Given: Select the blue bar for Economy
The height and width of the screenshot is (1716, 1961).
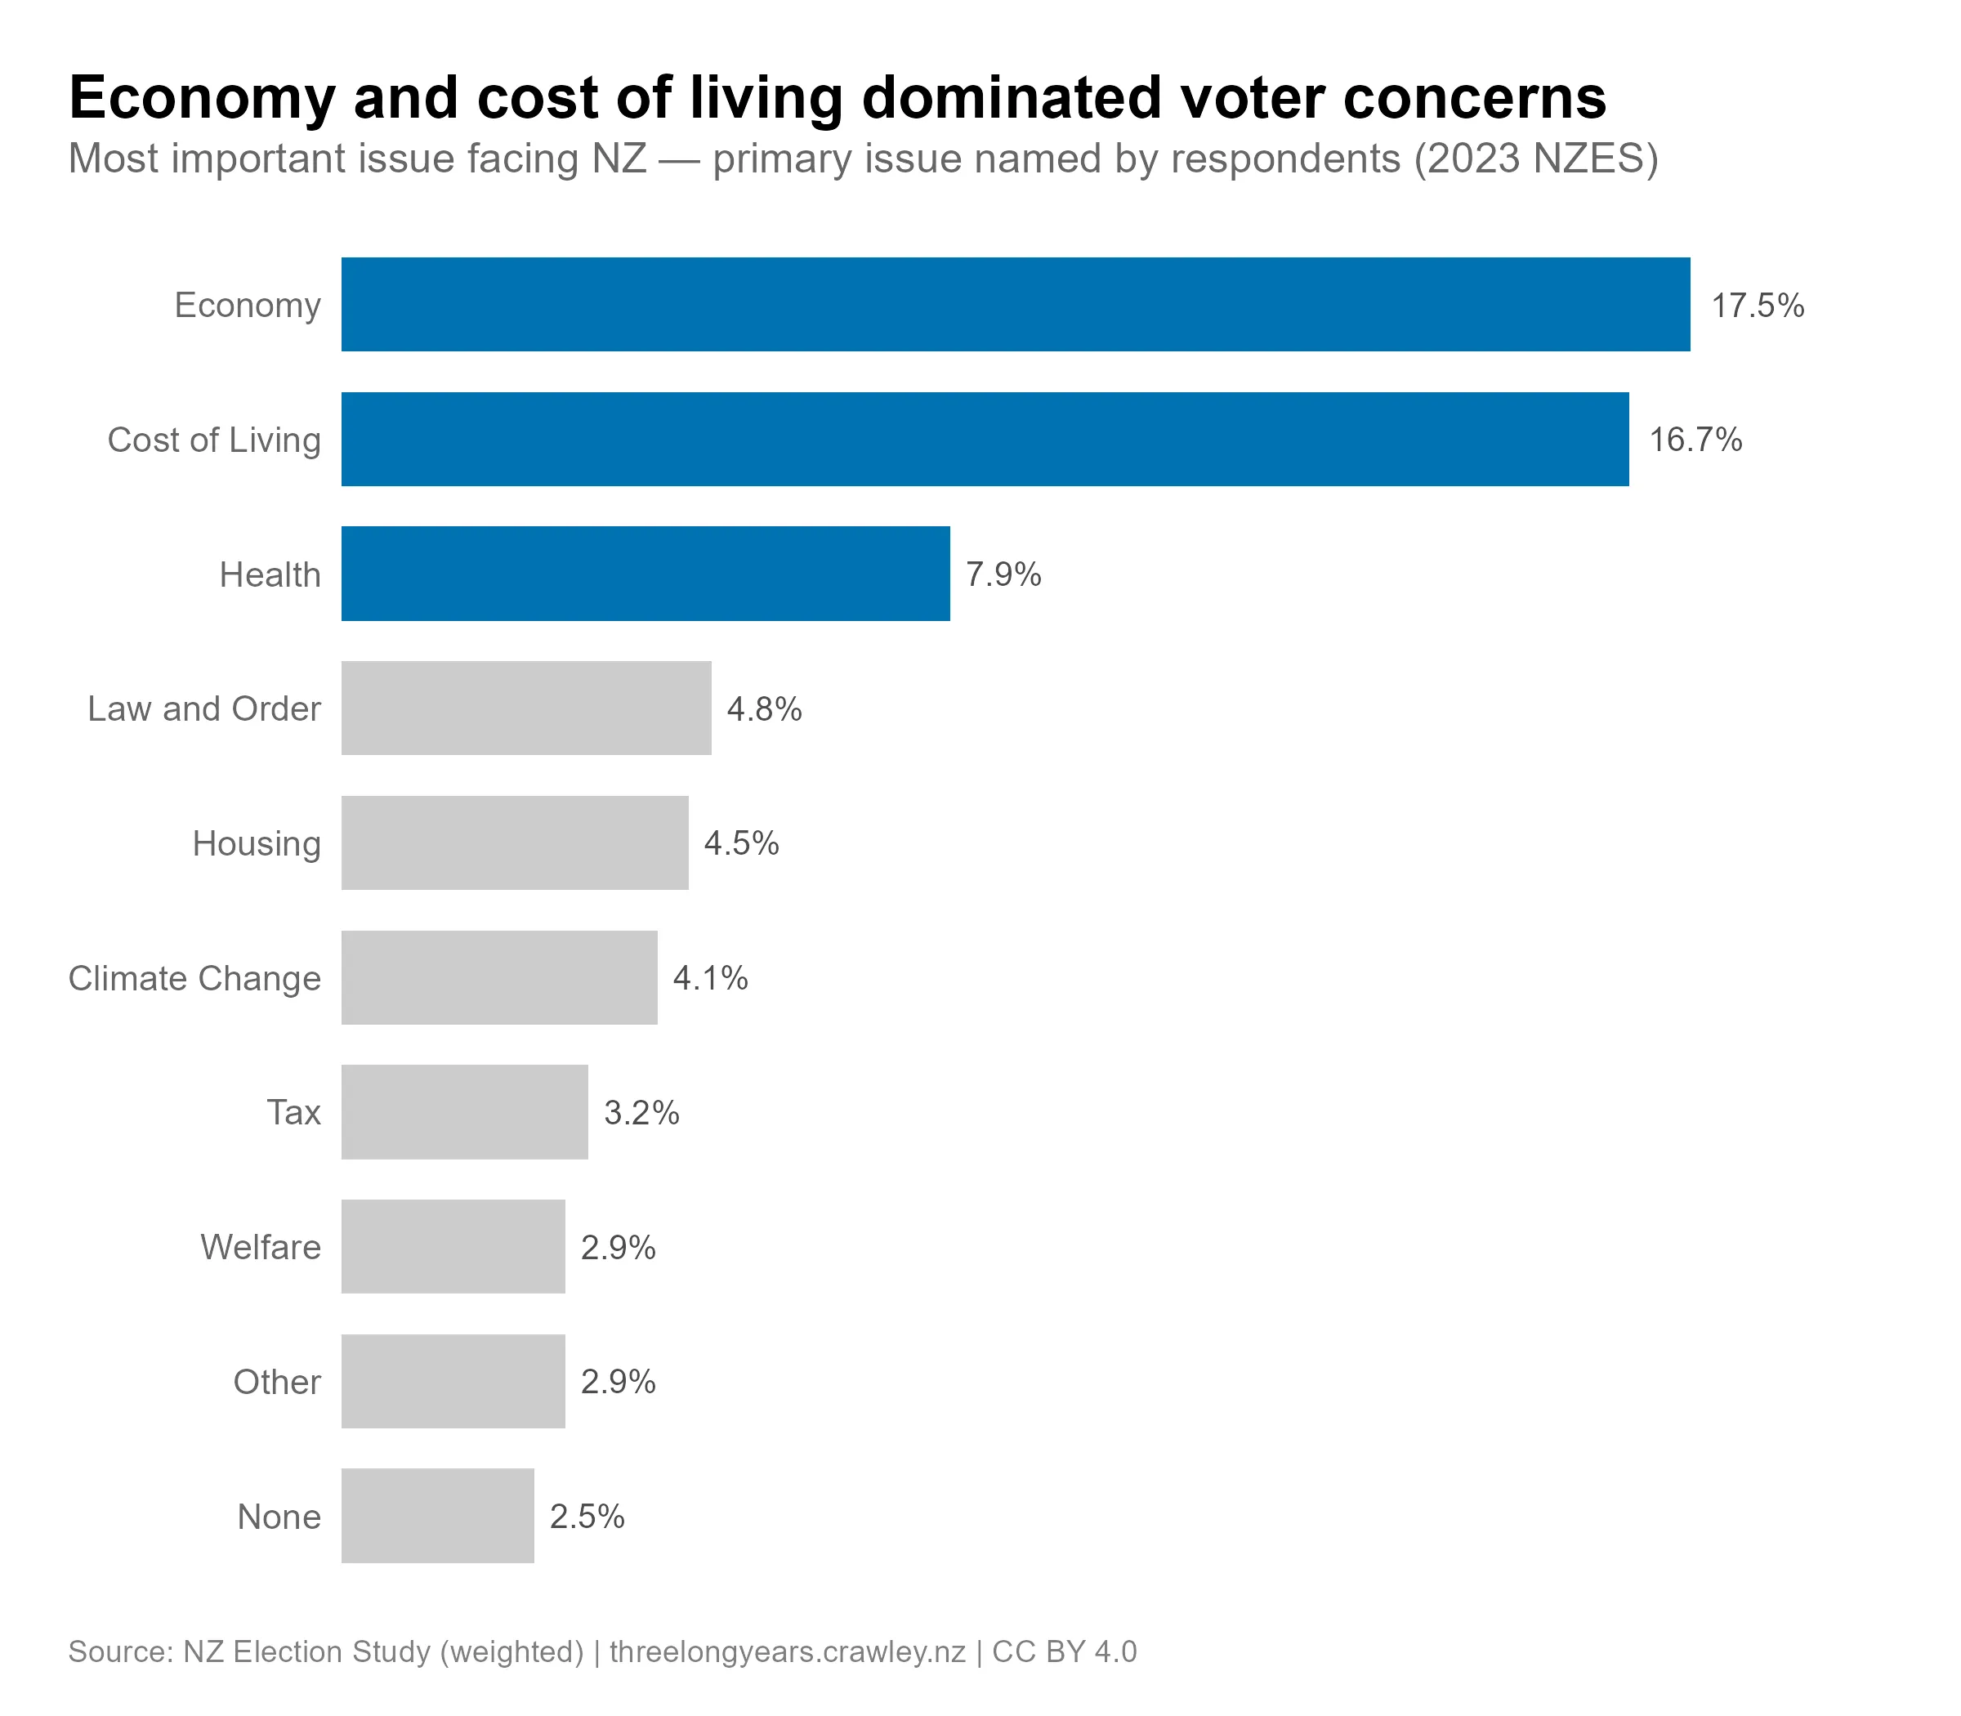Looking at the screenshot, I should [x=1015, y=305].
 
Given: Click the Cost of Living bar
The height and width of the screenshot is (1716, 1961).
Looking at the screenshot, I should [x=985, y=439].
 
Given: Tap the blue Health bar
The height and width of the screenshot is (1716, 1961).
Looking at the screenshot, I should [x=645, y=574].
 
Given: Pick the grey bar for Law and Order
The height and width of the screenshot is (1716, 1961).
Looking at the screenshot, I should [x=525, y=708].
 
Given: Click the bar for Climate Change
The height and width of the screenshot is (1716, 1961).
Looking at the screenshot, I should [x=499, y=977].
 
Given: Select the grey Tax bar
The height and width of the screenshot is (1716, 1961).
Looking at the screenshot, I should [x=464, y=1112].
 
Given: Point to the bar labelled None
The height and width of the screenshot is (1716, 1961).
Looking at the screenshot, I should [x=438, y=1516].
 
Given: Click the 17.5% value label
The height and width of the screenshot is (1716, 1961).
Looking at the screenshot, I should [x=1757, y=306].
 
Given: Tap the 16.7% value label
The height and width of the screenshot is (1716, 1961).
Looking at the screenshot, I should [x=1695, y=440].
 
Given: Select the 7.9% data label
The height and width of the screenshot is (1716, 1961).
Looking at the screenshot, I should [x=1003, y=574].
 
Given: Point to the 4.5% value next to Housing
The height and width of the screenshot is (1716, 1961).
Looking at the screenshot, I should [x=741, y=843].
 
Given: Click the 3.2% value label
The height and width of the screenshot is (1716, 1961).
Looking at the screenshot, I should [x=641, y=1113].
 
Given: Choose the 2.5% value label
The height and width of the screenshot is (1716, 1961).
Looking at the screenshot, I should [x=587, y=1517].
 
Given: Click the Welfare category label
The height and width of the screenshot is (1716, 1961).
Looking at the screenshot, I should [x=261, y=1247].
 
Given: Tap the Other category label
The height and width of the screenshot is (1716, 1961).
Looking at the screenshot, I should [x=277, y=1382].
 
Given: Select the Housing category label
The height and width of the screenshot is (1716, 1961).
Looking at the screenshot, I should [x=257, y=843].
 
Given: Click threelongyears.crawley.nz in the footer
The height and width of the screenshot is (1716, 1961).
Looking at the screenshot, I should [x=787, y=1651].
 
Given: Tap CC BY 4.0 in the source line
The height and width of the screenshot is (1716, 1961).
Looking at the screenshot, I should [x=1064, y=1651].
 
